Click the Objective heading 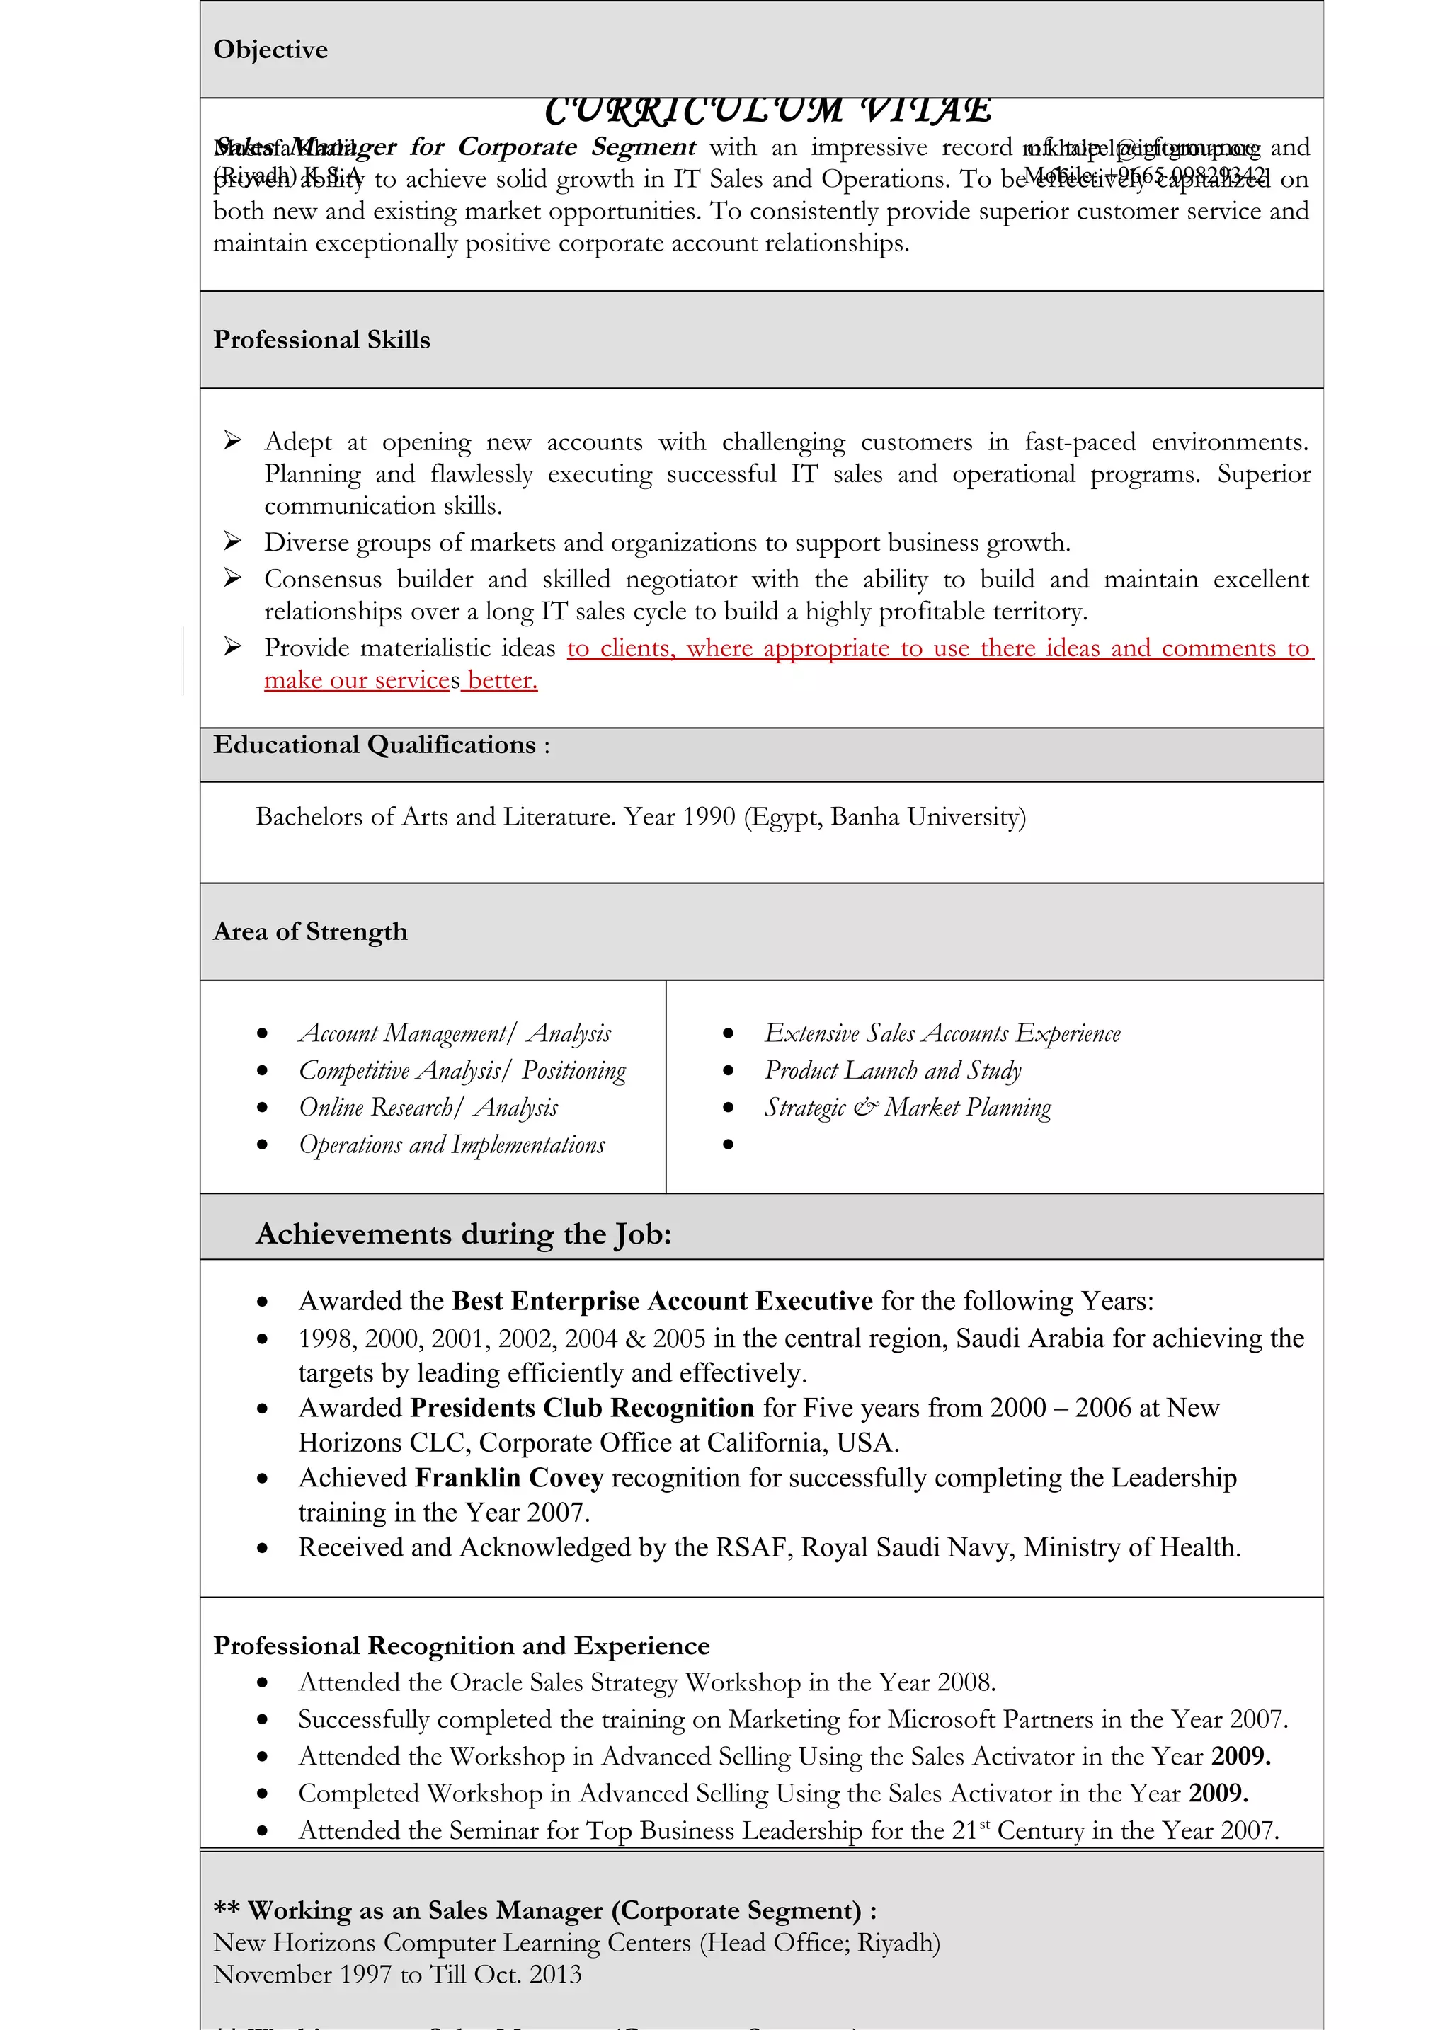pos(270,50)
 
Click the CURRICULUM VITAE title pos(768,110)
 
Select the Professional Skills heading pos(321,340)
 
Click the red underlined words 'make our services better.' pos(400,681)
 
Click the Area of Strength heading pos(310,932)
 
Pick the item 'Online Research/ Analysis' pos(428,1108)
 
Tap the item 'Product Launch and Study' pos(893,1070)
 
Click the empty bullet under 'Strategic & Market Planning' pos(729,1145)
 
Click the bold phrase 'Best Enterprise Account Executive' pos(663,1302)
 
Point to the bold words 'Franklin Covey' pos(510,1479)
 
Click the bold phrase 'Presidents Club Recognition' pos(582,1409)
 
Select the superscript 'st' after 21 pos(985,1825)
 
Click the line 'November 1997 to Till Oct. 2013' pos(397,1975)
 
